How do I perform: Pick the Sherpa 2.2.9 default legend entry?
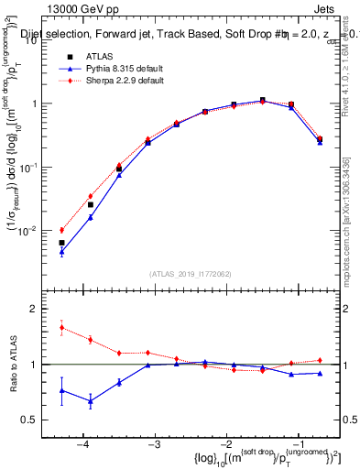click(111, 81)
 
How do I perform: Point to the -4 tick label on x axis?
click(82, 445)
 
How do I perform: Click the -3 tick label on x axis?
click(154, 445)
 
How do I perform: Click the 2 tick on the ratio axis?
click(42, 310)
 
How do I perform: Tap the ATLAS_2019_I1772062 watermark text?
click(191, 273)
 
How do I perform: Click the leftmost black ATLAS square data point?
click(61, 243)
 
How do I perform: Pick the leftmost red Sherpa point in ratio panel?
click(61, 327)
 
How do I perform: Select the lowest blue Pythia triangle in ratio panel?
click(90, 401)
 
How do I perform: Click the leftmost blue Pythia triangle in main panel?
click(61, 252)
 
